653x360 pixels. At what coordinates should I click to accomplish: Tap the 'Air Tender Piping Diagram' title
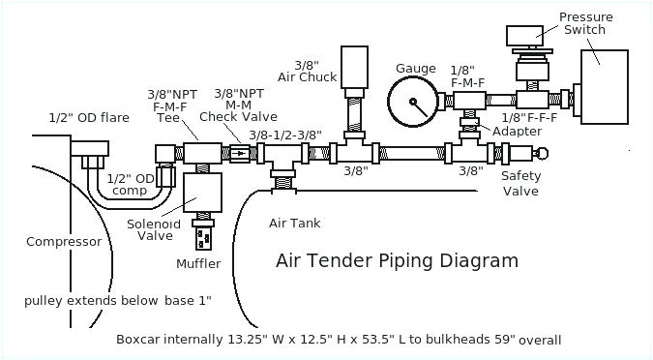pyautogui.click(x=397, y=261)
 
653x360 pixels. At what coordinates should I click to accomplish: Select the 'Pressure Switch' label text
pyautogui.click(x=581, y=22)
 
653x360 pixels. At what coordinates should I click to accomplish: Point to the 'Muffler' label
pyautogui.click(x=198, y=263)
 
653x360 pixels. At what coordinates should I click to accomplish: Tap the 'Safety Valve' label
pyautogui.click(x=520, y=183)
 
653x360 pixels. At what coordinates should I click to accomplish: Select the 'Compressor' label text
pyautogui.click(x=64, y=242)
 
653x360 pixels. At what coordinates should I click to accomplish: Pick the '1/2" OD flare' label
pyautogui.click(x=89, y=118)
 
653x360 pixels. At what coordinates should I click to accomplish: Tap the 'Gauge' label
pyautogui.click(x=416, y=69)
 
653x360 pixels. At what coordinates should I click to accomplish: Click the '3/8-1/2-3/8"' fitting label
pyautogui.click(x=284, y=135)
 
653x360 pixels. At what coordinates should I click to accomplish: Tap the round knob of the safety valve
pyautogui.click(x=542, y=152)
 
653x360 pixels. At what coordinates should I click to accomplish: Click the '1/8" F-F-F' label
pyautogui.click(x=530, y=117)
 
